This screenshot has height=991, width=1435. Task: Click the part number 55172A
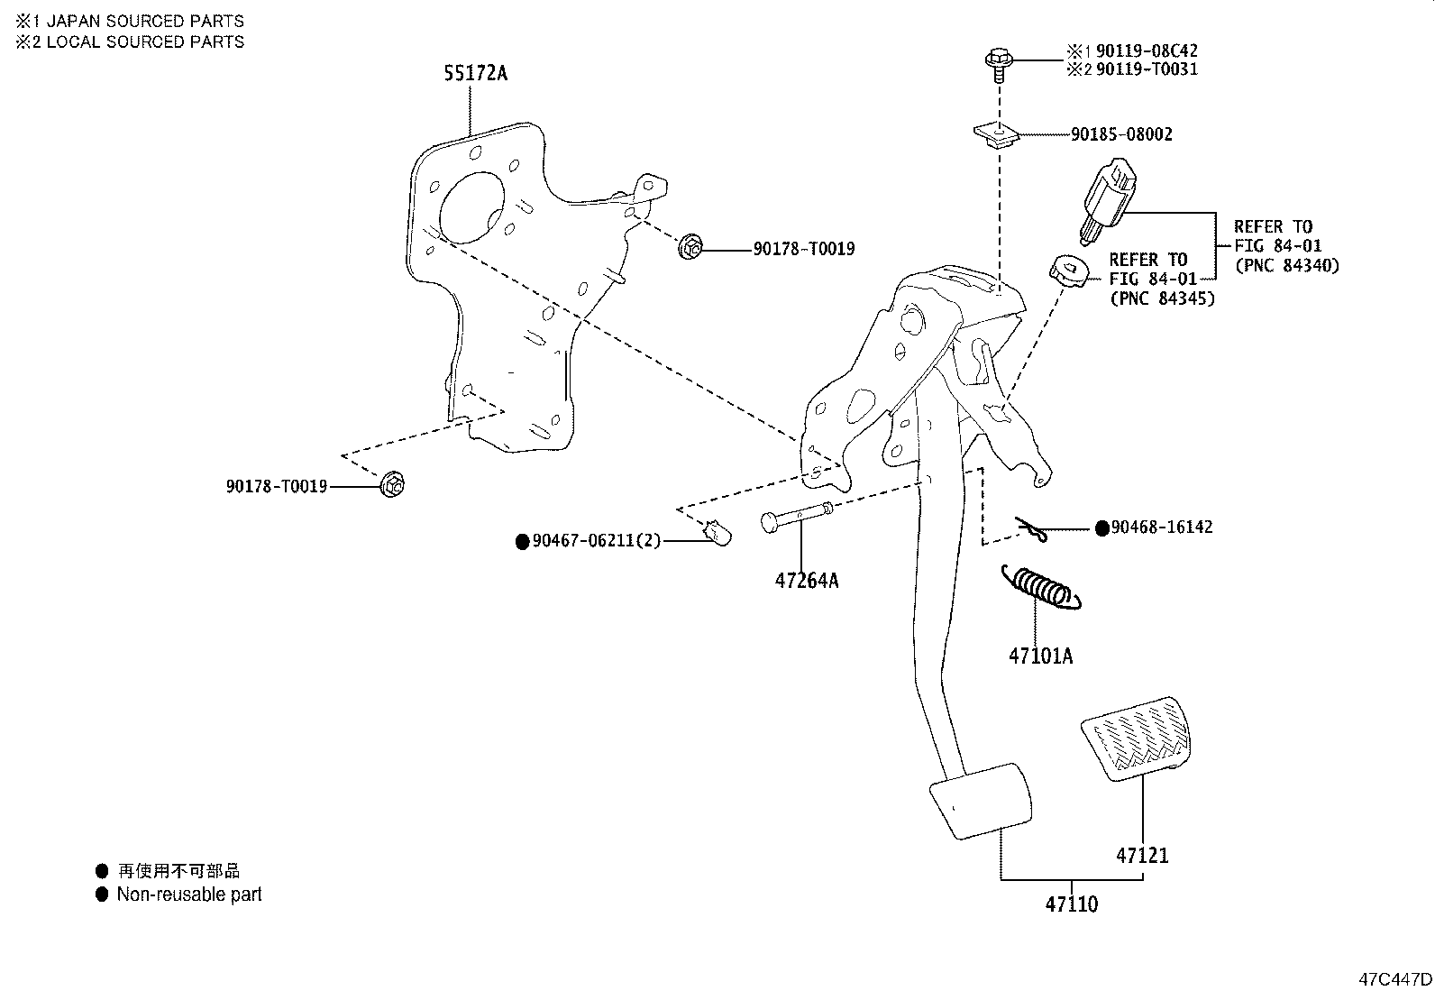(x=474, y=74)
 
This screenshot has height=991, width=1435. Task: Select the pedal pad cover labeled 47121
(x=1134, y=737)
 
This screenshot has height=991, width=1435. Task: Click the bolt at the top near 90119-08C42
(x=997, y=63)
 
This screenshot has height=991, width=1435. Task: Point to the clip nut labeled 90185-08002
(x=996, y=134)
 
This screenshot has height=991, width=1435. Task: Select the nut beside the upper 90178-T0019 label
(x=691, y=246)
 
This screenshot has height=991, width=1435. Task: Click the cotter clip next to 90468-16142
(x=1031, y=531)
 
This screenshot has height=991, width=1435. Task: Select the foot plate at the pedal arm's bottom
(x=981, y=801)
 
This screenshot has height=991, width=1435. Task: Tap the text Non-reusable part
(x=189, y=895)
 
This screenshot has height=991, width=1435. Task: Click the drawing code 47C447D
(x=1395, y=978)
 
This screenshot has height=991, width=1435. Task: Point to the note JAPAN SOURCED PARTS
(x=144, y=21)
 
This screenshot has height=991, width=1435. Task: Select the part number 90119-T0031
(x=1147, y=69)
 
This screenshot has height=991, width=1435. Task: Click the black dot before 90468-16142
(x=1101, y=528)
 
